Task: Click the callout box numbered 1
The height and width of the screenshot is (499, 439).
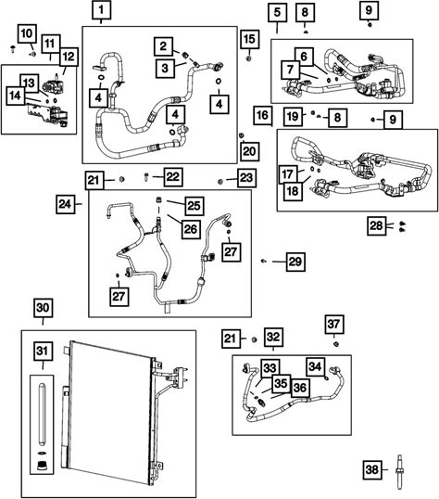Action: coord(101,9)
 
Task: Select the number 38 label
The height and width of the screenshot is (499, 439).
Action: coord(372,469)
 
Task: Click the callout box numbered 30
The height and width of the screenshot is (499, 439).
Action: coord(43,308)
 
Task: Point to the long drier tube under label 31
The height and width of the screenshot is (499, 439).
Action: coord(42,416)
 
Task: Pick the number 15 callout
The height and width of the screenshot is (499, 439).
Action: coord(249,39)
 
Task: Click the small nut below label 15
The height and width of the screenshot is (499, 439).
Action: coord(249,58)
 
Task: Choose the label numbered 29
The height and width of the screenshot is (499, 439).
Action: coord(295,262)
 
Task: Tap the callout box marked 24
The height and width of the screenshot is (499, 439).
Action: coord(65,204)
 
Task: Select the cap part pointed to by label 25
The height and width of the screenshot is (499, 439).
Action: coord(158,200)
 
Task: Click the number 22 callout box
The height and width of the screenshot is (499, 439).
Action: coord(173,177)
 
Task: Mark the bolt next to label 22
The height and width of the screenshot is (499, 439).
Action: coord(146,176)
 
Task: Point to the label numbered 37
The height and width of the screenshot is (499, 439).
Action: coord(333,325)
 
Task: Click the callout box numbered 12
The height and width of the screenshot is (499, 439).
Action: coord(69,57)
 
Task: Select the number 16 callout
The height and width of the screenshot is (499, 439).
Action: coord(263,115)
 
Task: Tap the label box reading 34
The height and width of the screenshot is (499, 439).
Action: coord(315,366)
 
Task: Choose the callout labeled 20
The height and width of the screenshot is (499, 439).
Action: coord(249,151)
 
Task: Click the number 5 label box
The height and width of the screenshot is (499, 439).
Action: coord(278,12)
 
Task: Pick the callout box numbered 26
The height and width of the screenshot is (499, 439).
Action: coord(191,229)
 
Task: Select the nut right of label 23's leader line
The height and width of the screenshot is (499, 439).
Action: coord(219,182)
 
